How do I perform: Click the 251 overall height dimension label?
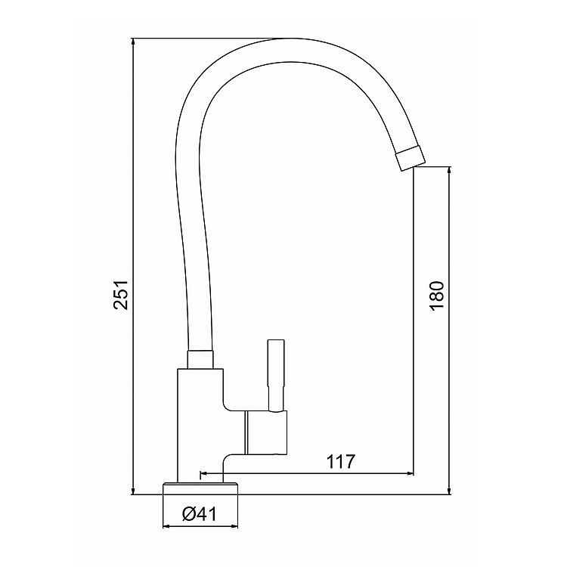pos(121,294)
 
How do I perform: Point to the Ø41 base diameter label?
pos(200,514)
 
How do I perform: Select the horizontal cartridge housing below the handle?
pos(265,434)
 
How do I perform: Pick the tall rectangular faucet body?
pos(200,423)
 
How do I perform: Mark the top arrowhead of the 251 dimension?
pos(132,42)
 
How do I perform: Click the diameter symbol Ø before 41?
pos(188,514)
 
